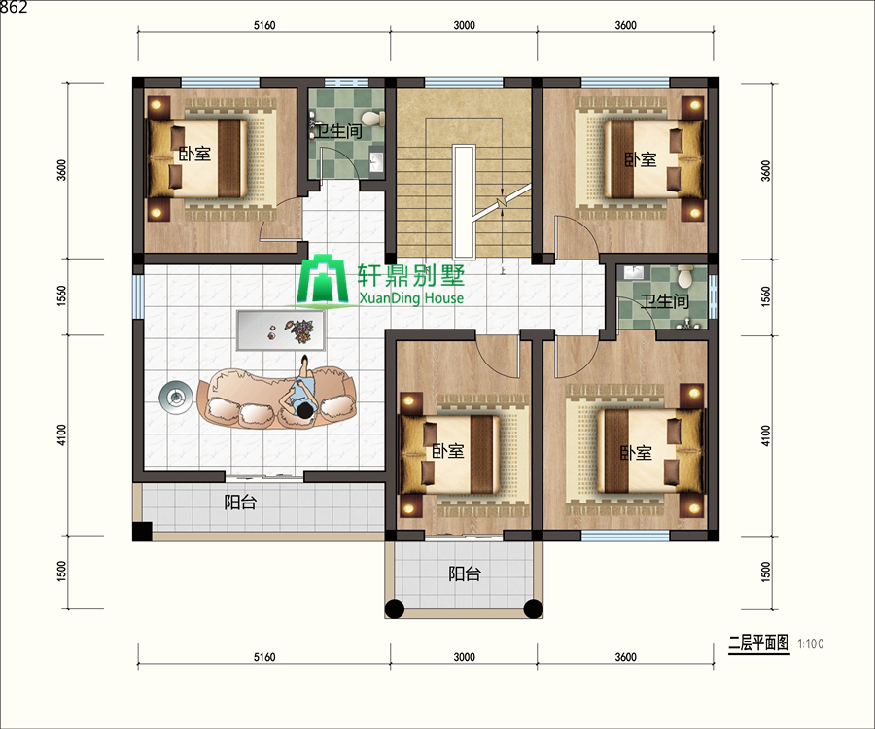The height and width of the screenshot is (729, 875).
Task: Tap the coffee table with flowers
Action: pyautogui.click(x=281, y=330)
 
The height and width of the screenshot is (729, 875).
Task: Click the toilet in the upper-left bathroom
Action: pyautogui.click(x=372, y=119)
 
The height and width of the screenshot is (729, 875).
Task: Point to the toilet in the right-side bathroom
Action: pyautogui.click(x=684, y=276)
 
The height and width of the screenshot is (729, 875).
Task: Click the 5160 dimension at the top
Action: pyautogui.click(x=264, y=25)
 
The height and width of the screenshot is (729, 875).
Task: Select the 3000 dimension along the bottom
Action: pyautogui.click(x=464, y=657)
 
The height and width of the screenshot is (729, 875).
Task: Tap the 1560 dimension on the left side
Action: pyautogui.click(x=61, y=295)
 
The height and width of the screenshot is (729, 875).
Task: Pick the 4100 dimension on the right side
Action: pyautogui.click(x=766, y=435)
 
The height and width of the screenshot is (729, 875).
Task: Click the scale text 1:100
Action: pyautogui.click(x=810, y=643)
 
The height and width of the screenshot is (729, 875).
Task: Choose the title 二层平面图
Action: pyautogui.click(x=759, y=643)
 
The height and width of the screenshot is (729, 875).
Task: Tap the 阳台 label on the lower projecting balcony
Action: pyautogui.click(x=465, y=573)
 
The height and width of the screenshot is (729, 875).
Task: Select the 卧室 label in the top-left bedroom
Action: pyautogui.click(x=194, y=154)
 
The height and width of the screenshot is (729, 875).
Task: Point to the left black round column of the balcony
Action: pyautogui.click(x=395, y=607)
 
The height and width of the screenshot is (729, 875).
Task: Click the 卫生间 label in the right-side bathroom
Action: pyautogui.click(x=665, y=301)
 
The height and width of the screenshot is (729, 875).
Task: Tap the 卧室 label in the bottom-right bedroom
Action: pyautogui.click(x=636, y=452)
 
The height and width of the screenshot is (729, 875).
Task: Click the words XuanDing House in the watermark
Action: pyautogui.click(x=411, y=297)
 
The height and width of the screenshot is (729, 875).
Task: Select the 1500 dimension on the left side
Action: pyautogui.click(x=61, y=572)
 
